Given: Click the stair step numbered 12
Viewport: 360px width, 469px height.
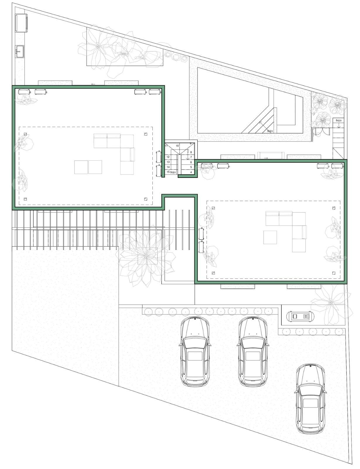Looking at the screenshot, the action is [x=168, y=157].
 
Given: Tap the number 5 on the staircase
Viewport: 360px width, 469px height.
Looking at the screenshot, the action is [x=191, y=167].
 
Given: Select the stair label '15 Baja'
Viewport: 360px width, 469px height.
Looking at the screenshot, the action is [x=171, y=172].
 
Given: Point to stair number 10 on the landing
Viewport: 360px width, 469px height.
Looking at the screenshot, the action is [x=177, y=146].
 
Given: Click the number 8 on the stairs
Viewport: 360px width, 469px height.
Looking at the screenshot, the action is [x=191, y=152].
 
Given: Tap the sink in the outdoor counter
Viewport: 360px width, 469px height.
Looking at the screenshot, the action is [x=19, y=51].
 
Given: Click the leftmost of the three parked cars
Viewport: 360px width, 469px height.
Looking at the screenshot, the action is [x=194, y=351].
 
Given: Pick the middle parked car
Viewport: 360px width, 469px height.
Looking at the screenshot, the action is [x=252, y=351].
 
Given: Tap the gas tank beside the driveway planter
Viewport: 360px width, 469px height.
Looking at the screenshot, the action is [x=300, y=316].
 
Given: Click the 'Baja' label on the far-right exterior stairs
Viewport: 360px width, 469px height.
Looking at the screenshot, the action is [x=338, y=120].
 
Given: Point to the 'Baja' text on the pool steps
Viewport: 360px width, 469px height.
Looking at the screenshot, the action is [x=270, y=131].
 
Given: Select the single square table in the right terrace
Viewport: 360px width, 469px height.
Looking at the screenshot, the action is [x=270, y=237].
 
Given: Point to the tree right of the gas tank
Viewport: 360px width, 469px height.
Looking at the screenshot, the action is [x=330, y=303].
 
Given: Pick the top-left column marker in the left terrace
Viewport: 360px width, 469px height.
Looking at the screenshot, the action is [x=25, y=134].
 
